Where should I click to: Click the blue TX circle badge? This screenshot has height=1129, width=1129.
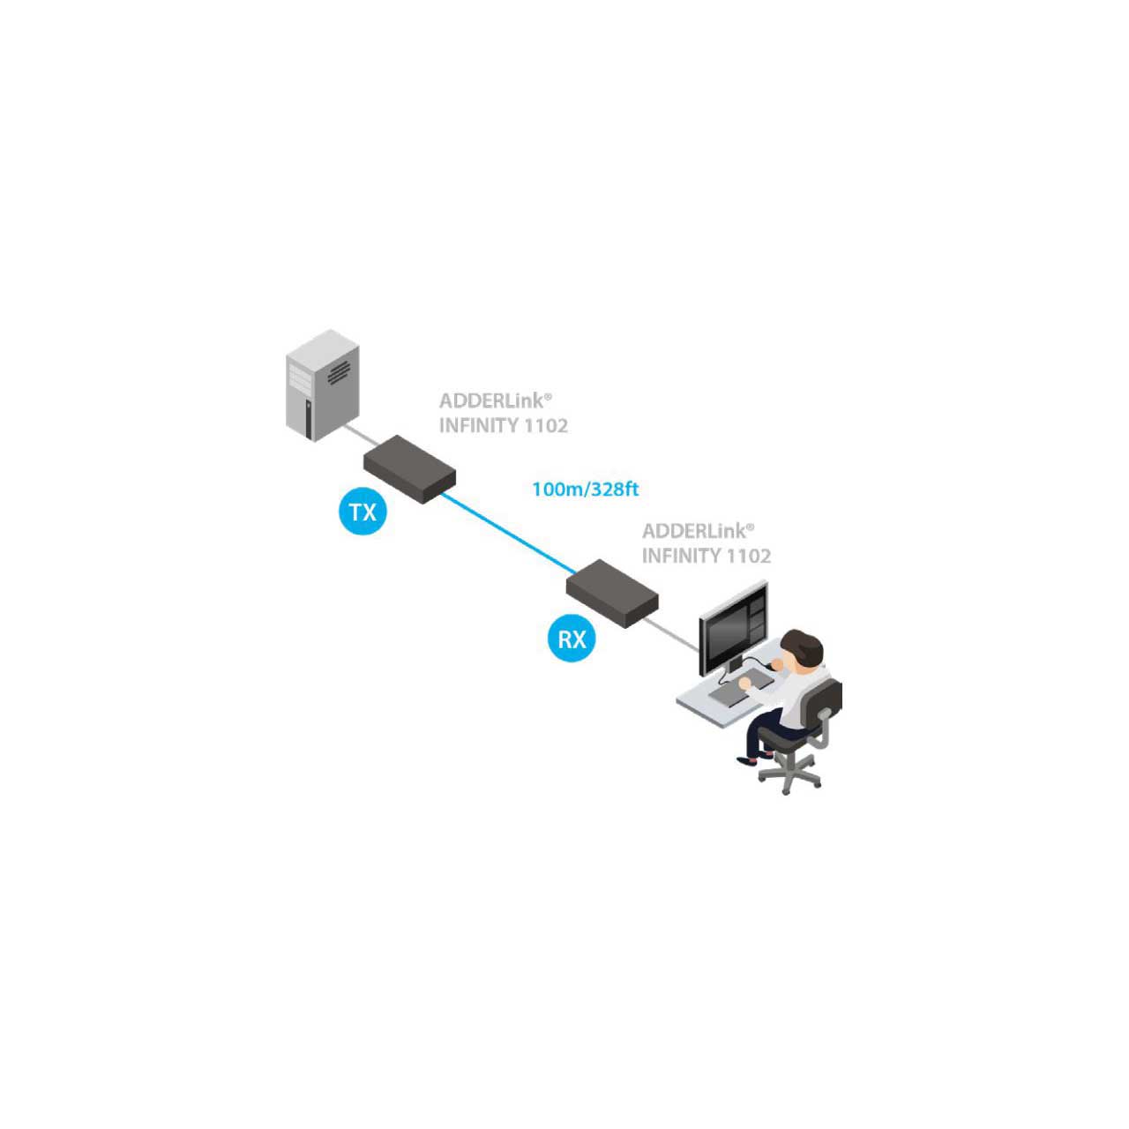coord(363,512)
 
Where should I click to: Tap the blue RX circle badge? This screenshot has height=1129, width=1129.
coord(572,638)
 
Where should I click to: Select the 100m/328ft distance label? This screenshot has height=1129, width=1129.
coord(586,489)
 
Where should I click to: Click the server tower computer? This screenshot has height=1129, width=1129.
coord(322,385)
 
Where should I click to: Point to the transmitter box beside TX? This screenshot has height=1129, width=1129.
coord(409,468)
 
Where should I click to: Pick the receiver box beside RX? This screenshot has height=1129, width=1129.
coord(612,594)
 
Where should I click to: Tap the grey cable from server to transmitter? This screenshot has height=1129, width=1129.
coord(361,436)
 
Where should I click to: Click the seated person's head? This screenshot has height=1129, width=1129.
coord(802,650)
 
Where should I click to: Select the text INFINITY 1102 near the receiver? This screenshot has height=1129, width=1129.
coord(707,556)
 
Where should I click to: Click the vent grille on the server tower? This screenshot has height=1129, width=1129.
coord(339,372)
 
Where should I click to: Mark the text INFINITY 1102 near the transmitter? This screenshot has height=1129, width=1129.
coord(504,425)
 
